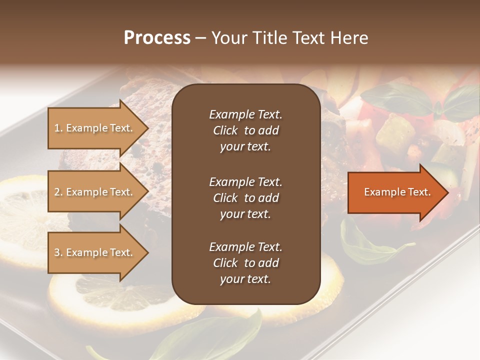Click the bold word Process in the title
(x=157, y=38)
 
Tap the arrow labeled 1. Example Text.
(x=95, y=128)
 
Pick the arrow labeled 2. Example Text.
(x=95, y=192)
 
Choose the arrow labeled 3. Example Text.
(x=95, y=252)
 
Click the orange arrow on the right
(x=395, y=192)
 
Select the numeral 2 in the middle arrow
(x=57, y=192)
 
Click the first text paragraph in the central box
(x=245, y=130)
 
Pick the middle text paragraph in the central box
(x=245, y=198)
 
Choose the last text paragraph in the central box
(x=245, y=263)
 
